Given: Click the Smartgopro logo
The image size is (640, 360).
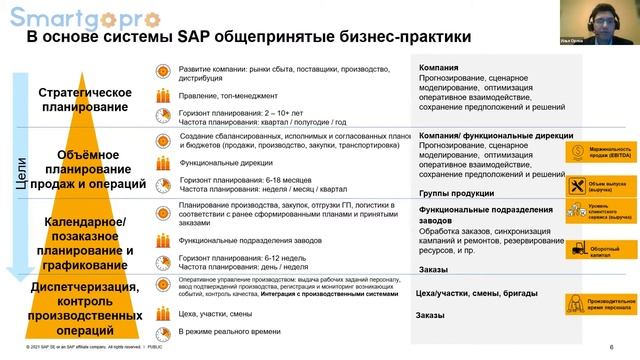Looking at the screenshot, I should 62,17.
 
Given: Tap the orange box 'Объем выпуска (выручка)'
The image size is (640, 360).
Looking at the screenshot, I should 593,184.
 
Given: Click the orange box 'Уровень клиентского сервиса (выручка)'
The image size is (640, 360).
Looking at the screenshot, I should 593,212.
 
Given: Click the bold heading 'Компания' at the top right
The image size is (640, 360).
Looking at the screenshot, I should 440,67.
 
